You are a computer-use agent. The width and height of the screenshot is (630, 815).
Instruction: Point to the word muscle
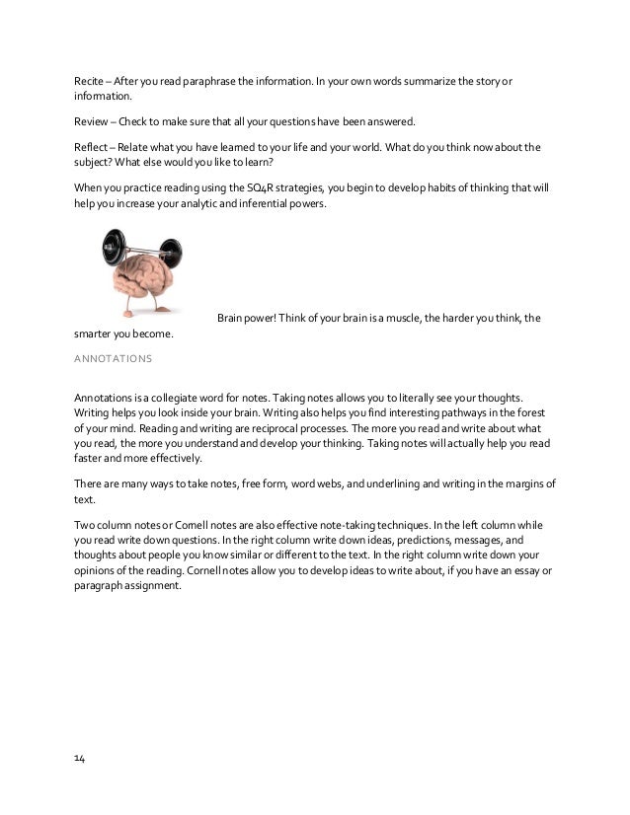(434, 317)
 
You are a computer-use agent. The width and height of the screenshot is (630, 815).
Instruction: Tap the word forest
(522, 412)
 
